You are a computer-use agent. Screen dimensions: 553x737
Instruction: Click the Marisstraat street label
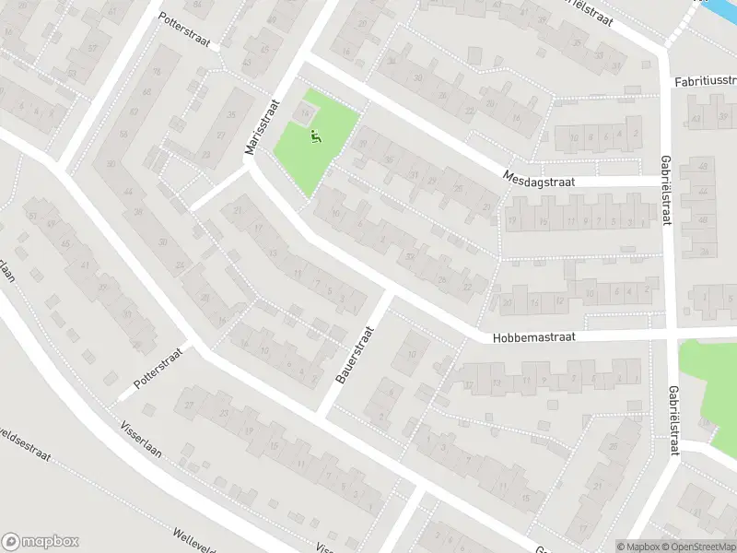[x=260, y=129]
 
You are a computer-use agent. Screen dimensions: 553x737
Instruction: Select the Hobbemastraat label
[x=533, y=338]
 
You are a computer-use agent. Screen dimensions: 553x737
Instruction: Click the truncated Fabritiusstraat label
[x=705, y=82]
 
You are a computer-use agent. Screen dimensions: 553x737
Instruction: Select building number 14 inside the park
[x=305, y=112]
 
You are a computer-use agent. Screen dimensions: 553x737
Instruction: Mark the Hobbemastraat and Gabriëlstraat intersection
[x=671, y=334]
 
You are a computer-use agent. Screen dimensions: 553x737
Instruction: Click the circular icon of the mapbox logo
[x=12, y=542]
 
